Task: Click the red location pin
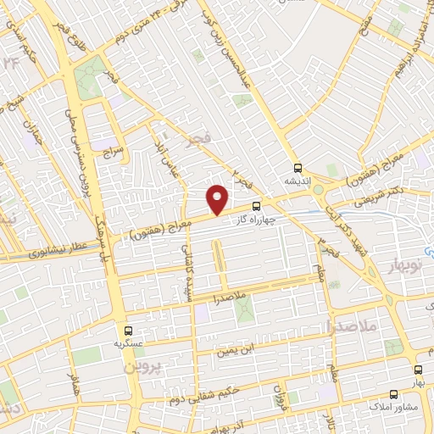(219, 198)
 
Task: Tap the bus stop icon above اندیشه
(298, 168)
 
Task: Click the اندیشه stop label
(298, 181)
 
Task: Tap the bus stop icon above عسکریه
(128, 331)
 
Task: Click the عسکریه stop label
(128, 344)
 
